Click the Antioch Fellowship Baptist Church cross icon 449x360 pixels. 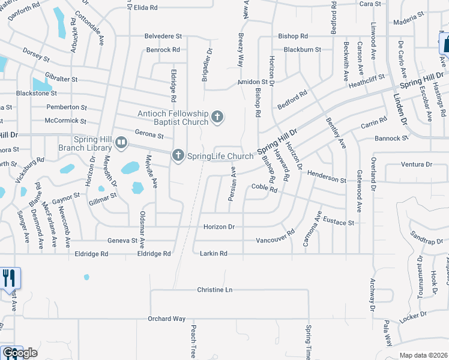tap(217, 116)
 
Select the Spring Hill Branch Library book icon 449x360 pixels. tap(121, 143)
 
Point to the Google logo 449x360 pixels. tap(20, 353)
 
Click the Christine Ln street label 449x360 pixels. tap(214, 290)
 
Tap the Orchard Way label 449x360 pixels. tap(167, 319)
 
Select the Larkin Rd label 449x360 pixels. tap(214, 254)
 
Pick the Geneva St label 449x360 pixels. tap(122, 241)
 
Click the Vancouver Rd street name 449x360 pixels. tap(276, 236)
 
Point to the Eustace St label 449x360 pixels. tap(339, 221)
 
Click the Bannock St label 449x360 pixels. tap(391, 138)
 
